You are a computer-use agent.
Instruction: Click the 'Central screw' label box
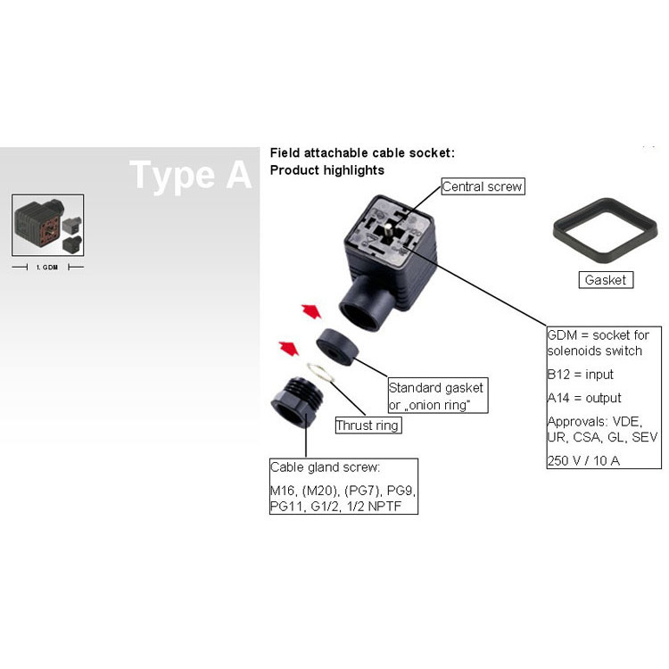(x=483, y=186)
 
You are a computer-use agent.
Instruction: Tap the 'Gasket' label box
(x=606, y=280)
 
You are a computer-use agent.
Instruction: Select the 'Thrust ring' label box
(x=368, y=425)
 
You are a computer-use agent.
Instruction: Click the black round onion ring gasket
(x=337, y=346)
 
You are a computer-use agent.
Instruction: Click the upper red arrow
(x=311, y=311)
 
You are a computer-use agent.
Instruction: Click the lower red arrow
(x=288, y=348)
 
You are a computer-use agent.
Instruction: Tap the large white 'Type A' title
(x=190, y=175)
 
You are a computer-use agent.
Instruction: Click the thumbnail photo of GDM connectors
(x=48, y=225)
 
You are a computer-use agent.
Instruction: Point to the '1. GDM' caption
(x=47, y=267)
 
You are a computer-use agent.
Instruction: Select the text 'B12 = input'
(x=581, y=374)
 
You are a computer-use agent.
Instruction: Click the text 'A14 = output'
(x=584, y=398)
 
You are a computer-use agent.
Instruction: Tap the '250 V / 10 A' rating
(x=583, y=460)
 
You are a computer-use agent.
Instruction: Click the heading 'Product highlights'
(x=326, y=170)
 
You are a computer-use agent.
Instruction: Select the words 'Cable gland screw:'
(x=325, y=467)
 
